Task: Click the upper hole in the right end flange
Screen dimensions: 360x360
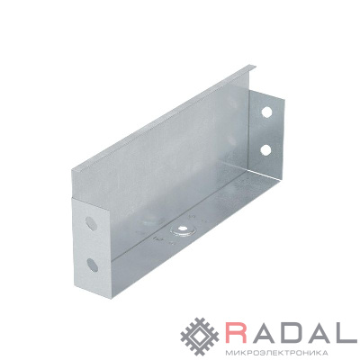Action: point(266,112)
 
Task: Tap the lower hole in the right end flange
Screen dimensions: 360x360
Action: point(265,149)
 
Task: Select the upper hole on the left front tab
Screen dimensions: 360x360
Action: point(90,223)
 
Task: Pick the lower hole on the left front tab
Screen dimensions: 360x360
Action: point(92,265)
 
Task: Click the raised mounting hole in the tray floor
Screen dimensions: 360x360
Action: point(181,229)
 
